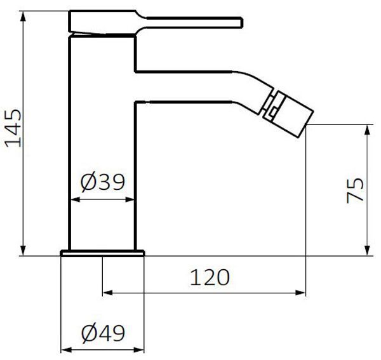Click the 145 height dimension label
click(x=13, y=128)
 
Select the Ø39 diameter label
click(x=102, y=182)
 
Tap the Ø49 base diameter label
click(x=103, y=333)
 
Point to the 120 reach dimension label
click(x=210, y=277)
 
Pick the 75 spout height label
click(x=355, y=190)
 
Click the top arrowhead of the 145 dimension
click(x=23, y=17)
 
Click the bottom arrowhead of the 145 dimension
click(x=23, y=250)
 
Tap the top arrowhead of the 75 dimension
click(x=368, y=130)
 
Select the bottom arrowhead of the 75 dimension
click(x=368, y=250)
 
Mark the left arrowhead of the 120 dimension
click(x=108, y=293)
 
